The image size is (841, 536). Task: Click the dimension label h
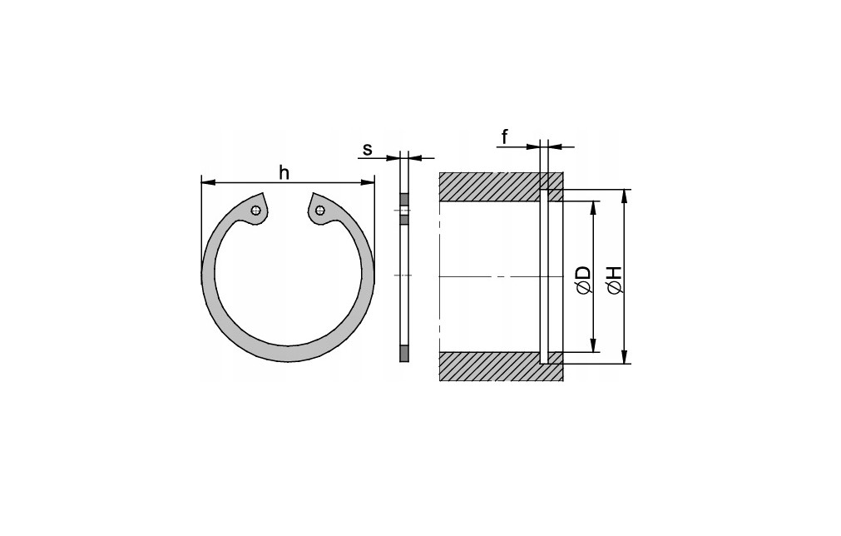(284, 173)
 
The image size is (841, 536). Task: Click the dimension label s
(368, 149)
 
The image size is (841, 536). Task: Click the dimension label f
(505, 137)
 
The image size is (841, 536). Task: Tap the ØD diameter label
(585, 279)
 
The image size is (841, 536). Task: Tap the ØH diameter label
(616, 279)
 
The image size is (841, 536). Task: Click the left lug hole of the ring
(256, 211)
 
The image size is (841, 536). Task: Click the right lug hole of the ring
(319, 209)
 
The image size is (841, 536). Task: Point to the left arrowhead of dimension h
(208, 182)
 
